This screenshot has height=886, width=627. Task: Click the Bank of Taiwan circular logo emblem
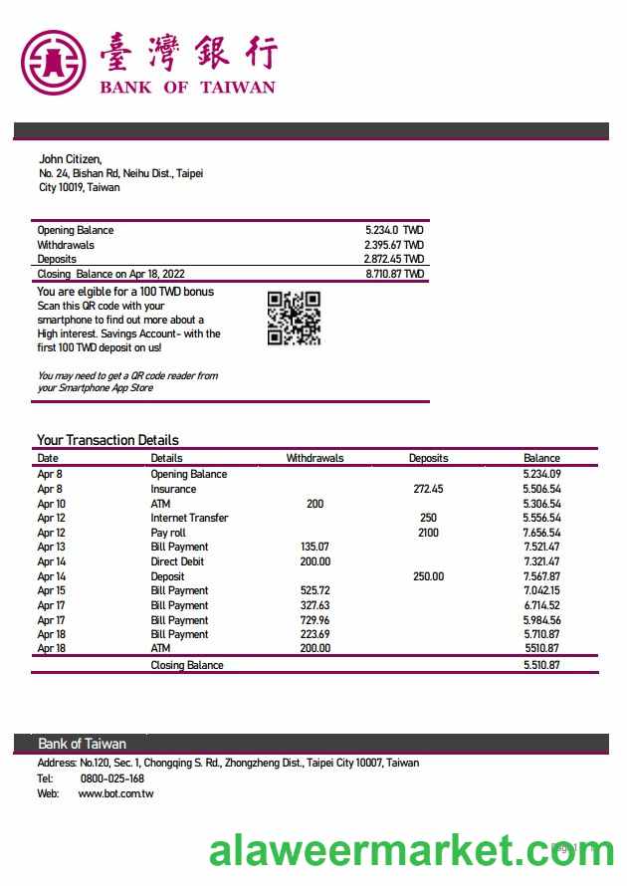[x=54, y=62]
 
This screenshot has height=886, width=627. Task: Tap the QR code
[x=294, y=318]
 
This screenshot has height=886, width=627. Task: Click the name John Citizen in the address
[x=70, y=158]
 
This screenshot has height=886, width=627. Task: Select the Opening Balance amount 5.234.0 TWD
[x=394, y=230]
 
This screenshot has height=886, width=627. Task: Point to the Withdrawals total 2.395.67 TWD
[x=394, y=245]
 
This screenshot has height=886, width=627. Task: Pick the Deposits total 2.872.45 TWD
[x=394, y=259]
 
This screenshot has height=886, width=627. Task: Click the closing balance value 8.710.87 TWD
[x=394, y=274]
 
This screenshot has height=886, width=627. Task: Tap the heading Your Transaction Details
[x=107, y=440]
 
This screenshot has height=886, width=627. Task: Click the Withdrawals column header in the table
[x=314, y=458]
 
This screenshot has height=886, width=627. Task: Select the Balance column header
[x=541, y=458]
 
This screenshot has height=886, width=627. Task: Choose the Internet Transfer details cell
[x=189, y=518]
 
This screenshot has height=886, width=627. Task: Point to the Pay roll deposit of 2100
[x=428, y=533]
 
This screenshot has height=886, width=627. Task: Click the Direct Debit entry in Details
[x=178, y=561]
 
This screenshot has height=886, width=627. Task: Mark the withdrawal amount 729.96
[x=314, y=619]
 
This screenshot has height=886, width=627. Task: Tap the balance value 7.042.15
[x=541, y=590]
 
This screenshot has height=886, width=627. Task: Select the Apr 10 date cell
[x=51, y=504]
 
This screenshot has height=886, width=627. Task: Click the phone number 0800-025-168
[x=111, y=778]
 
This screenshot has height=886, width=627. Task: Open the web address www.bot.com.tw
[x=115, y=793]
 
